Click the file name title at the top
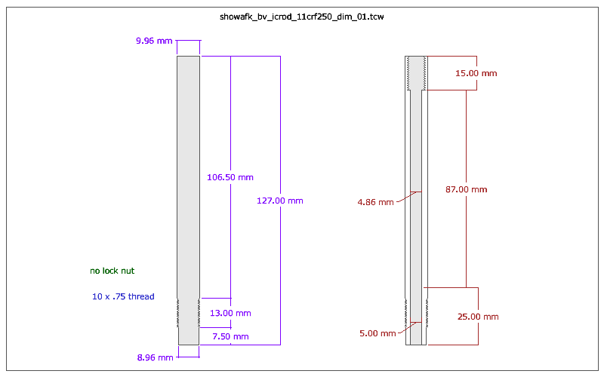[x=302, y=15]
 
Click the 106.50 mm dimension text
[x=230, y=177]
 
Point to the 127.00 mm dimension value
[x=280, y=201]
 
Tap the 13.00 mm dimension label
[x=230, y=313]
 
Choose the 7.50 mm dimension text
[x=230, y=336]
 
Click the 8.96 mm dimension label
[x=156, y=357]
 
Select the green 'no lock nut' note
[x=112, y=271]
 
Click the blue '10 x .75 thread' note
[x=123, y=297]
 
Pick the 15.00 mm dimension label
[x=476, y=74]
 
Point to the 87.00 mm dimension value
[x=466, y=189]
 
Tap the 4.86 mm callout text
[x=376, y=202]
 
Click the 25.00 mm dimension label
[x=479, y=317]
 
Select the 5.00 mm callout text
[x=377, y=333]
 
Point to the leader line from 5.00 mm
[x=408, y=327]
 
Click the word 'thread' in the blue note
[x=141, y=297]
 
